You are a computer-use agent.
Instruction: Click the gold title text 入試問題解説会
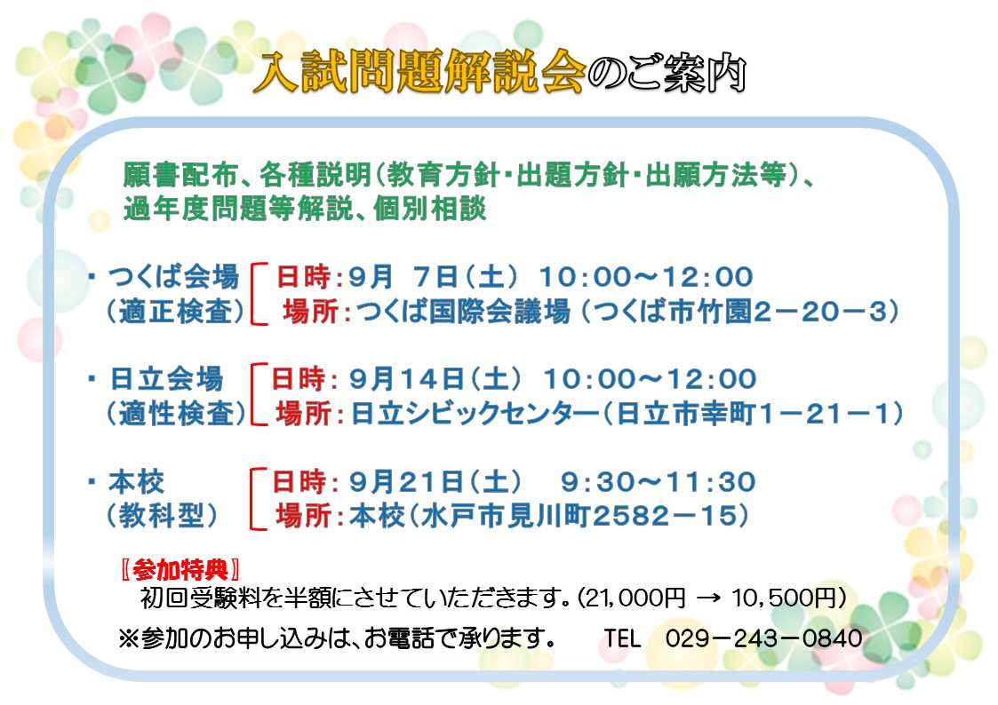coord(419,72)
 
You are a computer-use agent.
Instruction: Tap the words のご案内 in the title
coord(667,73)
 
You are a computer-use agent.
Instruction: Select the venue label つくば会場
coord(173,276)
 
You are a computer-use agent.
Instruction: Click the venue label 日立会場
coord(167,379)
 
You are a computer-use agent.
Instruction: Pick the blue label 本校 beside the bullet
coord(136,482)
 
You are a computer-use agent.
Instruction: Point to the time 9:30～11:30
coord(659,482)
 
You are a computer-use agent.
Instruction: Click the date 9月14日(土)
coord(435,379)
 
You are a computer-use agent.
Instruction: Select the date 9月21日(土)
coord(435,482)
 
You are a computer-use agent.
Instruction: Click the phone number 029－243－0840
coord(763,638)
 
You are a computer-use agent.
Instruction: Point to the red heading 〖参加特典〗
coord(180,570)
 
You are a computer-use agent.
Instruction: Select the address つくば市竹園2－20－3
coord(739,312)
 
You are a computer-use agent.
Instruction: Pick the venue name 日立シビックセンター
coord(475,414)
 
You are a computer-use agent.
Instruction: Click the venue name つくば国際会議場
coord(463,312)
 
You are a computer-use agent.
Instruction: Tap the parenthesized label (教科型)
coord(162,516)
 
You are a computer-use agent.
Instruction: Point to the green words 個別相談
coord(429,209)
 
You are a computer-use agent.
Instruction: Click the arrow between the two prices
coord(708,598)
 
